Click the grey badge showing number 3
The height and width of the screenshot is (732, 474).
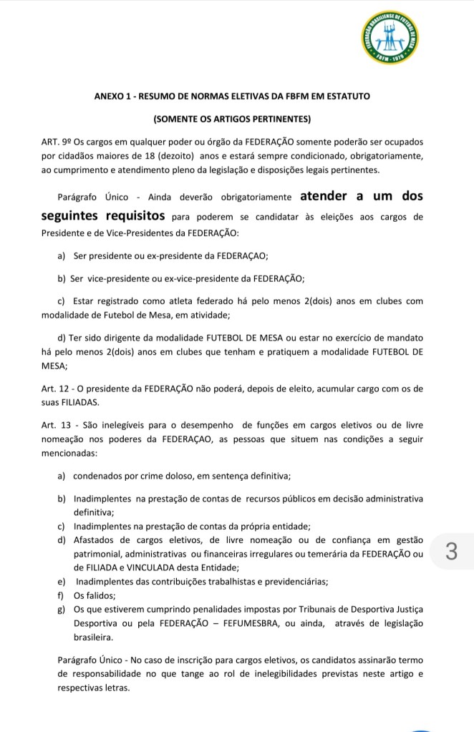tap(450, 552)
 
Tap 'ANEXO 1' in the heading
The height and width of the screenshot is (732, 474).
tap(116, 96)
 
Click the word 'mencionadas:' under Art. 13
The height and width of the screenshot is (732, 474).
tap(70, 453)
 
